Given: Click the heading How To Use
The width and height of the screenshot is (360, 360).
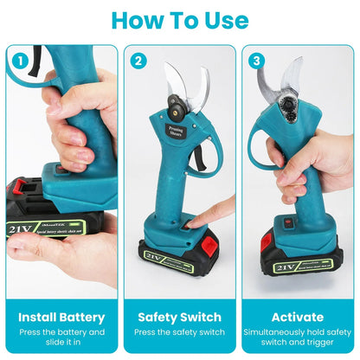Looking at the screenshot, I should coord(180,20).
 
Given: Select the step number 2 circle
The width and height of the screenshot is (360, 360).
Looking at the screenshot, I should coord(138,61).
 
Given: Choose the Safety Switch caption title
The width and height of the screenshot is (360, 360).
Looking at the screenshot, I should coord(180,317).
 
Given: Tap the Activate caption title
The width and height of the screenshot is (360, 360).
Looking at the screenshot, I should coord(298,317).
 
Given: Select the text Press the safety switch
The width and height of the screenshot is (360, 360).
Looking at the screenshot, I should coord(180,331).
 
